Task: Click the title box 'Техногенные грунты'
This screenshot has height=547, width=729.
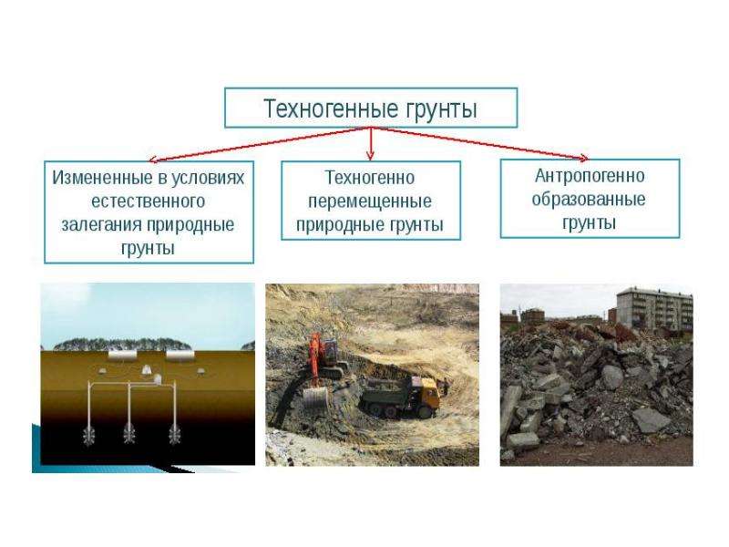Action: pos(371,108)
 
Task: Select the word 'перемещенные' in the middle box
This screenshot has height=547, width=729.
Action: pos(370,201)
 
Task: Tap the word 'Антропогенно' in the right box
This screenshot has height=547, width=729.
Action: pos(590,176)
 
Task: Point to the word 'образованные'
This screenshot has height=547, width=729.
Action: pos(589,199)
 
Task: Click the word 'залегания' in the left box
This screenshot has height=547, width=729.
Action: pos(102,224)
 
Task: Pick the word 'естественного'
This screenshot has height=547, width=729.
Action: pos(149,201)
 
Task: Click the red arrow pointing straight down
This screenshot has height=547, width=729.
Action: pos(370,144)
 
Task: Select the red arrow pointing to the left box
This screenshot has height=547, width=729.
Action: pos(260,145)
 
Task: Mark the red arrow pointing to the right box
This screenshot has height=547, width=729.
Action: pos(480,143)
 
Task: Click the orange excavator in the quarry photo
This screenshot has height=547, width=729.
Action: pos(325,357)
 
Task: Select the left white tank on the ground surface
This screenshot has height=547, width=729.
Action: pos(123,356)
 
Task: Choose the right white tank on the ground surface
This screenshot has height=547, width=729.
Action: pos(180,356)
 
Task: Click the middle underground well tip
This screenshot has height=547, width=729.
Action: pos(129,435)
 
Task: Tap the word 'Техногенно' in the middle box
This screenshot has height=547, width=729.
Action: pos(370,178)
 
